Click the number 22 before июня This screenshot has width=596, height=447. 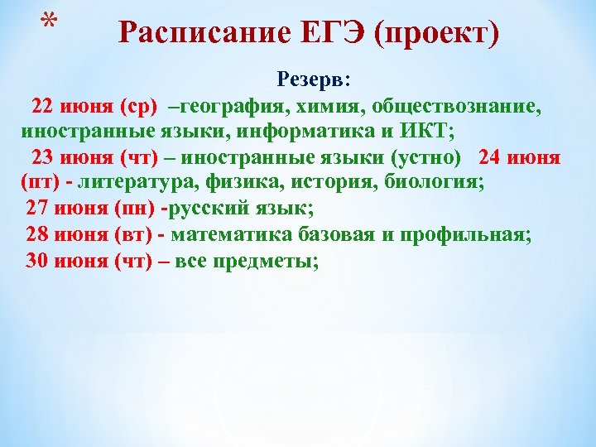pyautogui.click(x=41, y=107)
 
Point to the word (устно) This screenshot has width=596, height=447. pyautogui.click(x=425, y=157)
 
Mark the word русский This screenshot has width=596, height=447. pyautogui.click(x=209, y=209)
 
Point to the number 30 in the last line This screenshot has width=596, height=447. pyautogui.click(x=37, y=260)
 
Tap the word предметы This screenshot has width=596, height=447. pyautogui.click(x=270, y=260)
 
